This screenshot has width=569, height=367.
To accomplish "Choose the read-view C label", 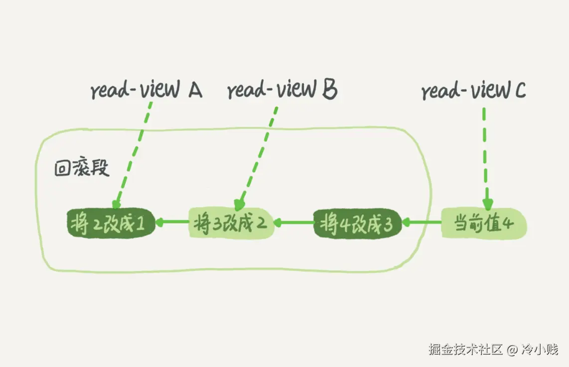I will pos(473,91).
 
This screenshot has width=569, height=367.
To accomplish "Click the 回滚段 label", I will pos(81,168).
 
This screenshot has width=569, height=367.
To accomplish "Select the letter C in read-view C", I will pos(519,91).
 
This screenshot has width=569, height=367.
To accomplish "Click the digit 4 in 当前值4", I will pos(508,224).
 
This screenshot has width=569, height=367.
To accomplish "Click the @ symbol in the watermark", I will pos(513,350).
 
